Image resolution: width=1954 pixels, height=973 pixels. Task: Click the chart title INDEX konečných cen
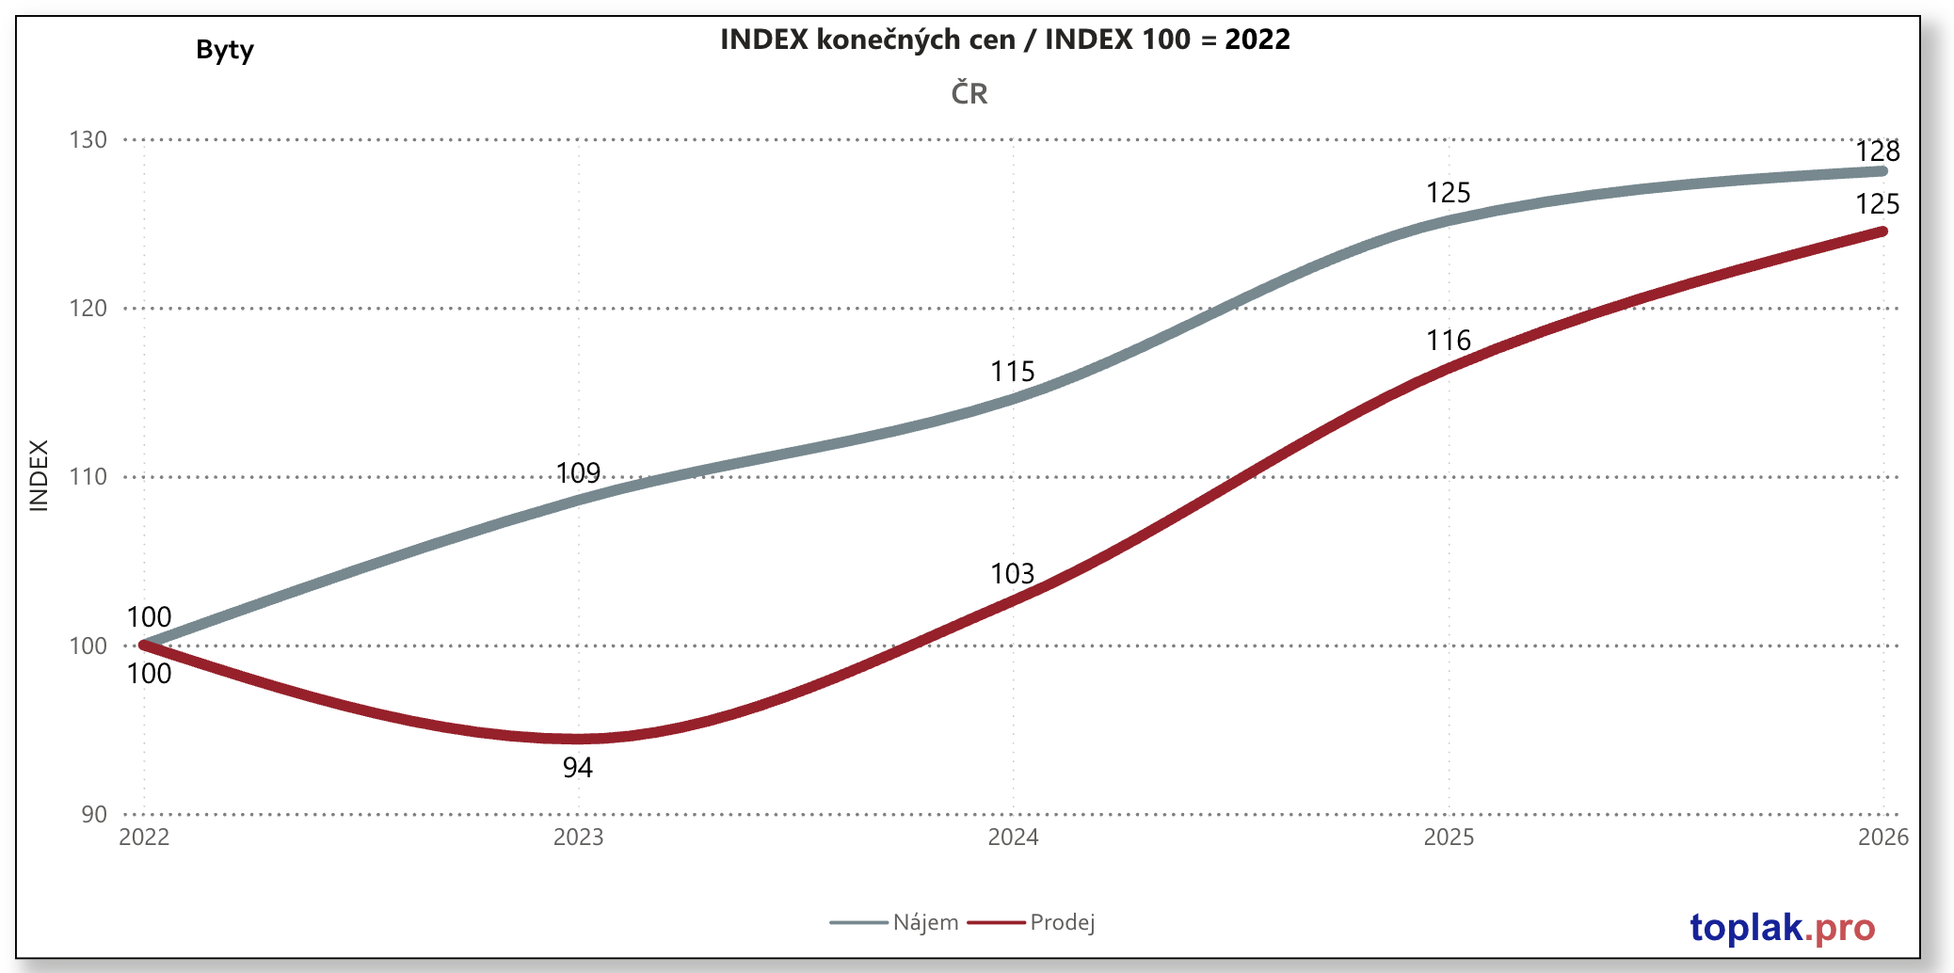coord(1004,40)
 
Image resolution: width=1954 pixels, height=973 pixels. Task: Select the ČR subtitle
coord(969,94)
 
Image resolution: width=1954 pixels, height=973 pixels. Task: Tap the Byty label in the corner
coord(225,50)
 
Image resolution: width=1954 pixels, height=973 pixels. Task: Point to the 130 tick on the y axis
coord(88,140)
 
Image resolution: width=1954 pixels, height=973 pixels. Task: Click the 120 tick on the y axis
coord(88,309)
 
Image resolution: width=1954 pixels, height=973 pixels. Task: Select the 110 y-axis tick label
coord(88,477)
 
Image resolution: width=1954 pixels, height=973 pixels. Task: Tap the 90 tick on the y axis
coord(94,814)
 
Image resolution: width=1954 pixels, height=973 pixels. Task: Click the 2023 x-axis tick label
coord(578,837)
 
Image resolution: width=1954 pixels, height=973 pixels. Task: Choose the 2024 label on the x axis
coord(1013,837)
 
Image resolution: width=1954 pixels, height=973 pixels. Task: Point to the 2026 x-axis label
coord(1882,837)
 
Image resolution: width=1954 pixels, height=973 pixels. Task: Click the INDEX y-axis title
coord(39,476)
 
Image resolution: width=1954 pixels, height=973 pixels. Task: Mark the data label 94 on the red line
coord(578,768)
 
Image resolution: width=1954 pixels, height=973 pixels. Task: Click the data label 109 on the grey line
coord(578,472)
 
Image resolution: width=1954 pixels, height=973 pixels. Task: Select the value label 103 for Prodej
coord(1012,574)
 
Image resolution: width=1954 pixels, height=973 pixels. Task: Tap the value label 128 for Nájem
coord(1877,152)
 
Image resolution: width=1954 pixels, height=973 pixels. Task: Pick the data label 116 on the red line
coord(1448,341)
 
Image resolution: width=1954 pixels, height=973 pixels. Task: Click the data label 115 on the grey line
coord(1012,372)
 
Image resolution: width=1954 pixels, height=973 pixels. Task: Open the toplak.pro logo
coord(1782,928)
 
